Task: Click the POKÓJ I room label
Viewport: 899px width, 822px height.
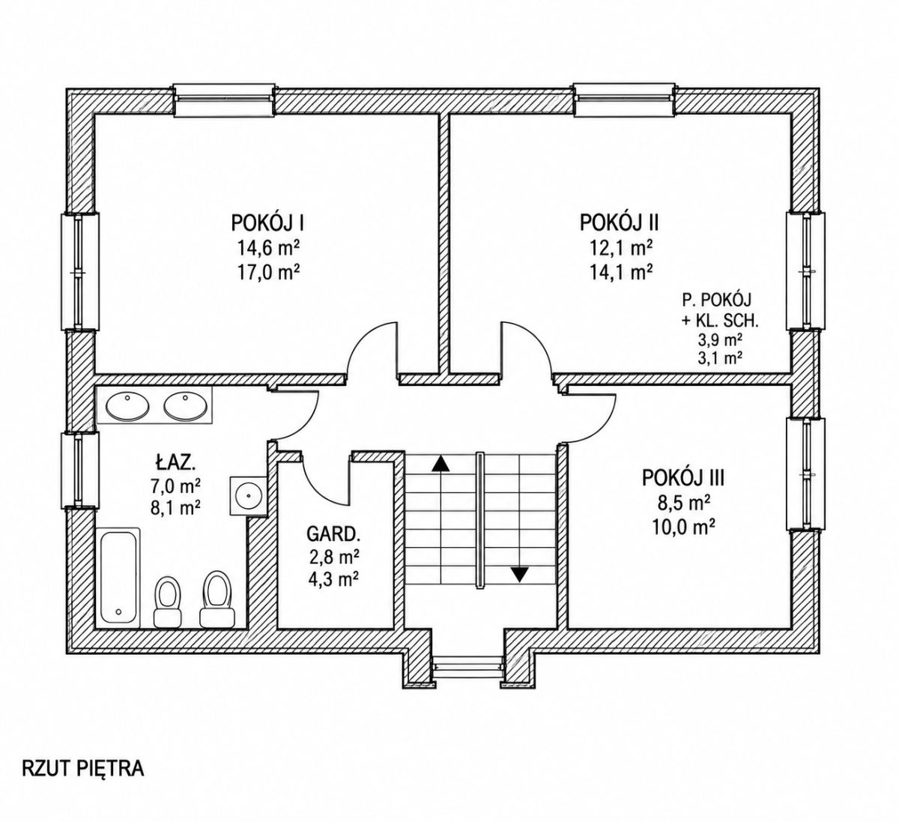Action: (x=267, y=223)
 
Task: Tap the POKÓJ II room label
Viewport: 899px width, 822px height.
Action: (x=620, y=223)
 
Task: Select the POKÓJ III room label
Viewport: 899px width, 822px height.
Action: (x=683, y=478)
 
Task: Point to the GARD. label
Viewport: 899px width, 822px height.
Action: (x=333, y=534)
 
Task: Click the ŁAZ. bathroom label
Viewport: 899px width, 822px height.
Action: (x=175, y=461)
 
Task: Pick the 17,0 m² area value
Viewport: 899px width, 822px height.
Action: (x=268, y=272)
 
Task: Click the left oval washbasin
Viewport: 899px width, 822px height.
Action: (x=127, y=406)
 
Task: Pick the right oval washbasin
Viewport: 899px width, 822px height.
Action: (x=186, y=405)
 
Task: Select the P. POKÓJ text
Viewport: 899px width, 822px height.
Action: (x=717, y=299)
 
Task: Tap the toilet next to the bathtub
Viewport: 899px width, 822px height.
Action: (x=167, y=602)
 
